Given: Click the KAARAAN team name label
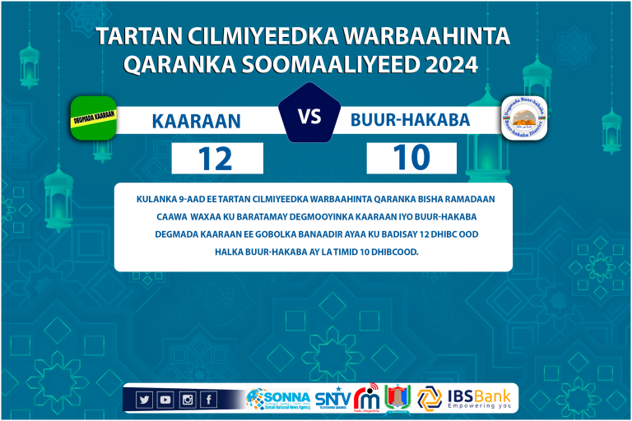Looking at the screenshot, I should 196,122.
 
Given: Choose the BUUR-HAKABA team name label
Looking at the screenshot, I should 410,120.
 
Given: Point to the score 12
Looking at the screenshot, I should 216,159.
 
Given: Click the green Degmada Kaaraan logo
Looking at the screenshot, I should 93,118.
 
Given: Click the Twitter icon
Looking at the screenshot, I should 144,400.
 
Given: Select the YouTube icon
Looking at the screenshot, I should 165,400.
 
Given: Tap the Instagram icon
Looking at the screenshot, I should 187,400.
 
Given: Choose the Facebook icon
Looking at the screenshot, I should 208,400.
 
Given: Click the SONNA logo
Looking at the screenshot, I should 278,399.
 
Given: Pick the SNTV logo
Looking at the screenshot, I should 332,399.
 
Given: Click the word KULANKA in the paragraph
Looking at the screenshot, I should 157,199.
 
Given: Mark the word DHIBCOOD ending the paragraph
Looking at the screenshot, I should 394,252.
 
